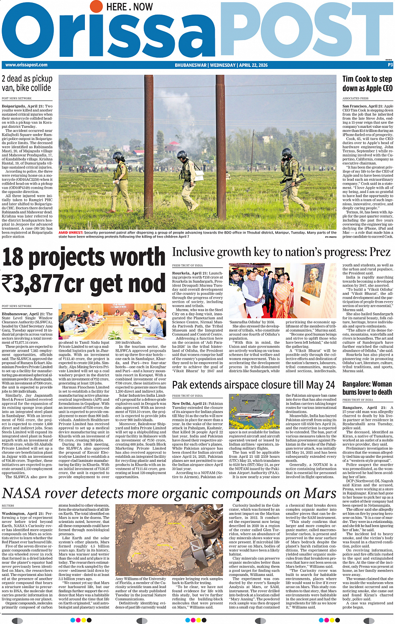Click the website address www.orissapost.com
(x=26, y=65)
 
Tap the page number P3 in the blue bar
(x=390, y=65)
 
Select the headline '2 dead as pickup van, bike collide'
(x=27, y=83)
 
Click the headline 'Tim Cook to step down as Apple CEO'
(x=367, y=83)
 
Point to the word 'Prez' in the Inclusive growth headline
(x=380, y=252)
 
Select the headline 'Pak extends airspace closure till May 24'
(x=254, y=385)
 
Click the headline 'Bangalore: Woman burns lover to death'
(x=367, y=388)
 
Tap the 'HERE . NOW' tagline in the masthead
(x=130, y=7)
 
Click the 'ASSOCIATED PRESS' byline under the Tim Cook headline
(x=355, y=99)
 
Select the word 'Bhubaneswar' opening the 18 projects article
(x=15, y=314)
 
